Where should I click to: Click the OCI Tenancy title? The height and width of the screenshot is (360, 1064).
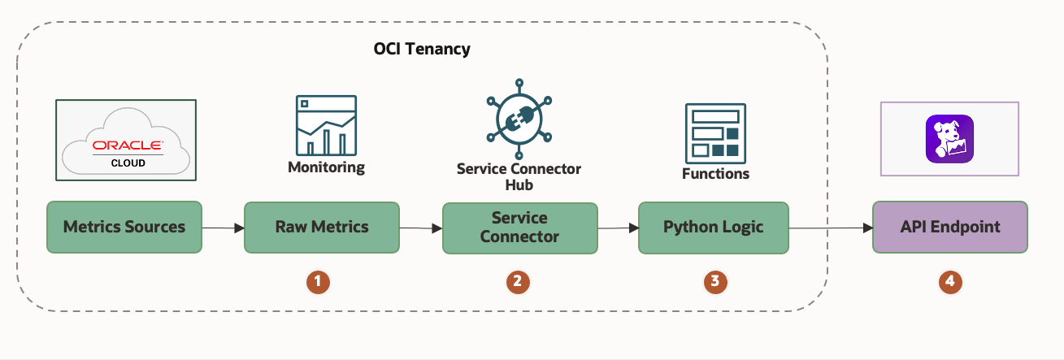pos(421,50)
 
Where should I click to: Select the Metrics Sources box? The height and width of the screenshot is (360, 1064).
pos(124,227)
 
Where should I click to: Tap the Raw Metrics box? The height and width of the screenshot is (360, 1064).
pos(322,227)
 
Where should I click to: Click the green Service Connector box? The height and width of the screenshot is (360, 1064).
pos(519,228)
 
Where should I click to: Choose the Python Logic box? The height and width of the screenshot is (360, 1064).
pos(714,227)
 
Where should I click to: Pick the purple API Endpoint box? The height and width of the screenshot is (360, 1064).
pos(949,227)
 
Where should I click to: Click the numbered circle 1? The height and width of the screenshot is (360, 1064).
pos(318,281)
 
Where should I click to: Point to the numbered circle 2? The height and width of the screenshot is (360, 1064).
pos(516,281)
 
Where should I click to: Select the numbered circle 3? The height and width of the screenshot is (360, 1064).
pos(714,281)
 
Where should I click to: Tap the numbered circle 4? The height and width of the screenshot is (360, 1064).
pos(949,281)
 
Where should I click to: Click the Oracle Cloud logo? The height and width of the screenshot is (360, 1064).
pos(126,141)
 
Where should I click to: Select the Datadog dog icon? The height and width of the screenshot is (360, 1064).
pos(949,139)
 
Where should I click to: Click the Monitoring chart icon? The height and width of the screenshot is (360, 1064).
pos(326,125)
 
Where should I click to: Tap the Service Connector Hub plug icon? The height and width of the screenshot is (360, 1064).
pos(519,118)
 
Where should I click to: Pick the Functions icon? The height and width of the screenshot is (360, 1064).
pos(715,131)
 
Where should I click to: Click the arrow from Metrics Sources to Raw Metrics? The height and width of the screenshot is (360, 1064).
pos(223,228)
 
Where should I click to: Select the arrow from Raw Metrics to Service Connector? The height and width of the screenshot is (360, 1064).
pos(420,229)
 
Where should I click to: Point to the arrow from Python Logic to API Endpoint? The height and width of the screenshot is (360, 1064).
pos(830,228)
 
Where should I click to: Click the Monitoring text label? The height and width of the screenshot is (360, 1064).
pos(326,168)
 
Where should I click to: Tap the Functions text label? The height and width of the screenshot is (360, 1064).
pos(715,174)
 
